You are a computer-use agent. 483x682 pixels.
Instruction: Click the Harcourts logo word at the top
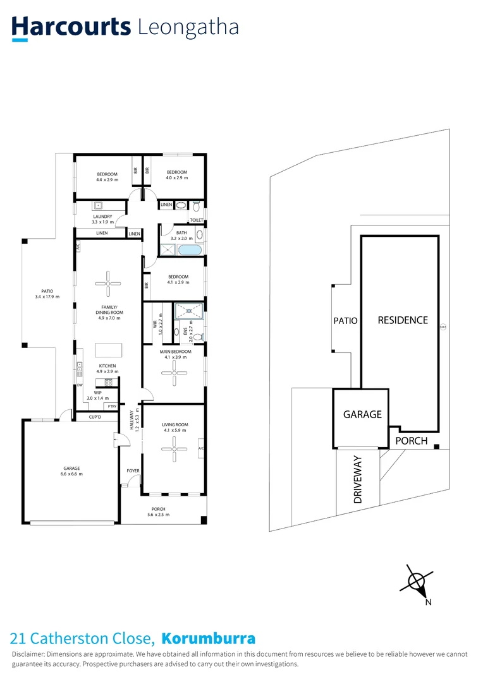pos(71,27)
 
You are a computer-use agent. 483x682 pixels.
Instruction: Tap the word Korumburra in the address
pos(209,638)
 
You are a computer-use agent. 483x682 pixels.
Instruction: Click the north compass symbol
pos(417,582)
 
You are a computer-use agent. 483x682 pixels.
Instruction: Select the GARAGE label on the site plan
pos(362,414)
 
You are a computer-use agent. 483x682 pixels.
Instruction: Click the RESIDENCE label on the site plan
pos(403,320)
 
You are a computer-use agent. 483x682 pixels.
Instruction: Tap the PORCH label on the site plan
pos(412,441)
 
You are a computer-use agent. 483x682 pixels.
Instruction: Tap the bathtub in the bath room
pos(190,251)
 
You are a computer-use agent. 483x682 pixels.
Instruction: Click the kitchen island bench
pos(106,350)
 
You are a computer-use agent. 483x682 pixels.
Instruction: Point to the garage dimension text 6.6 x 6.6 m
pos(71,474)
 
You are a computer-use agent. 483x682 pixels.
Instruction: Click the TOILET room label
pos(197,220)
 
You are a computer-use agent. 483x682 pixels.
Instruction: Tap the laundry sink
pos(99,205)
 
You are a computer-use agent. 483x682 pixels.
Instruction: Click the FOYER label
pos(133,471)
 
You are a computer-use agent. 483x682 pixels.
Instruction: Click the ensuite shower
pos(189,310)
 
